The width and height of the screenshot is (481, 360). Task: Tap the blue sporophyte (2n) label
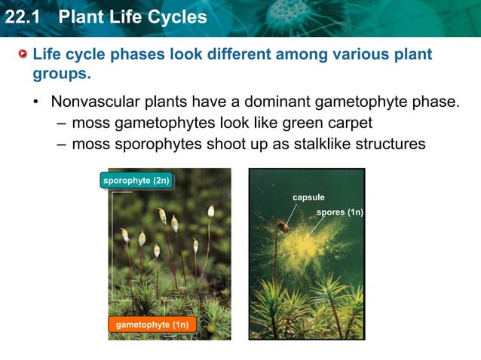[136, 181]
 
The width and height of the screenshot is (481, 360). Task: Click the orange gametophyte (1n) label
[152, 325]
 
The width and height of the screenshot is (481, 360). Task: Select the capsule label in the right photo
[308, 197]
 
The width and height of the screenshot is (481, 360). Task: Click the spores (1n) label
[339, 212]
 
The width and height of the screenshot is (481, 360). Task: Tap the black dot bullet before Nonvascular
[35, 102]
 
